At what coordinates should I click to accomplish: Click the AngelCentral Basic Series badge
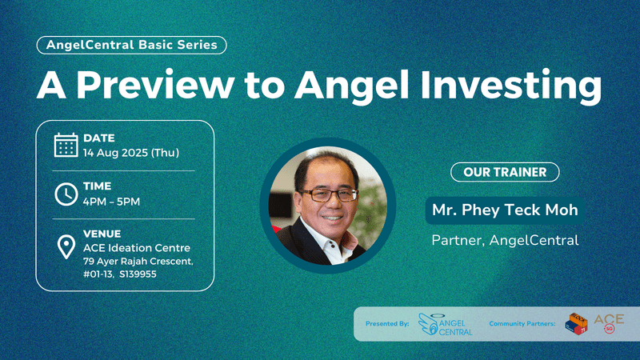point(131,45)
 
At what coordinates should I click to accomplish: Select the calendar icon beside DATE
point(66,145)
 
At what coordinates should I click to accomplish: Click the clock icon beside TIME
point(66,194)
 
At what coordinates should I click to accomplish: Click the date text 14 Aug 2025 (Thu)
point(131,153)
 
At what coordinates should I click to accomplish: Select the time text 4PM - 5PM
point(112,201)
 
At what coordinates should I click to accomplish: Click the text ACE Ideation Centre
point(137,247)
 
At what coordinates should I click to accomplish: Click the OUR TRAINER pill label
point(499,172)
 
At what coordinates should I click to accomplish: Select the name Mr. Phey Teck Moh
point(505,211)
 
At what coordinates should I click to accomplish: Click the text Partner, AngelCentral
point(505,239)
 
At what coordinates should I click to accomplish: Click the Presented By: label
point(387,324)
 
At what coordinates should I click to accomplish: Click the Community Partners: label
point(521,324)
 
